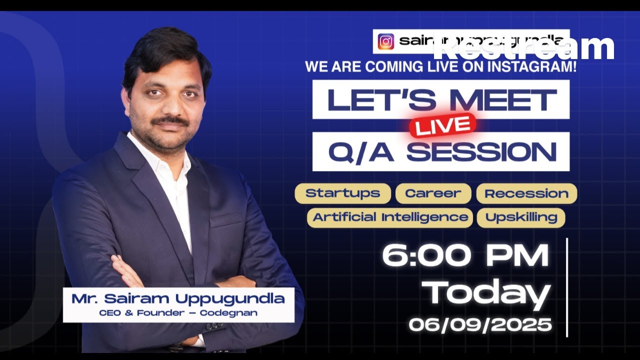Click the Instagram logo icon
[x=385, y=41]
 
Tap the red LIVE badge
[x=443, y=125]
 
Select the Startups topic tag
[x=342, y=193]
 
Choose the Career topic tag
[x=433, y=193]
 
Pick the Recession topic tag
[x=526, y=193]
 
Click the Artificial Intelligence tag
[x=390, y=217]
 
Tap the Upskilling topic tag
[x=521, y=217]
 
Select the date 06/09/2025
[x=480, y=325]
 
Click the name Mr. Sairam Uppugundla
[x=178, y=299]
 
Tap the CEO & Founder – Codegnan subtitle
[x=178, y=313]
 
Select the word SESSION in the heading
[x=481, y=151]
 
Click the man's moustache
[x=170, y=120]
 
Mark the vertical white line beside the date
[x=567, y=287]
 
